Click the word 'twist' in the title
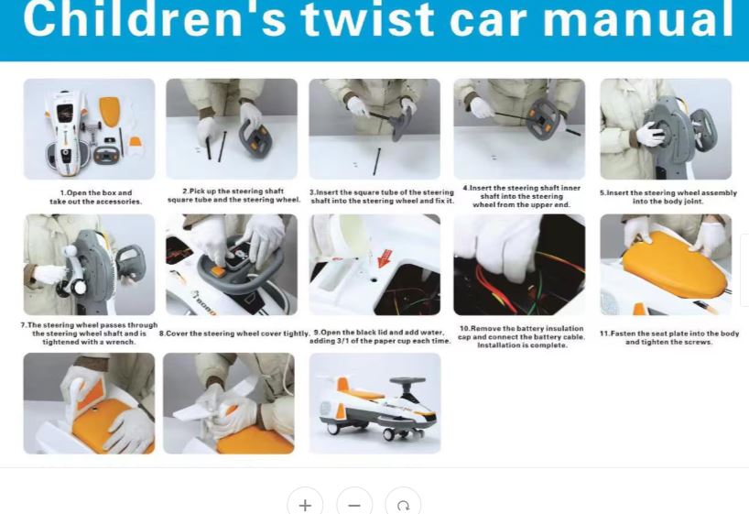(x=368, y=19)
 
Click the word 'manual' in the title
(x=638, y=19)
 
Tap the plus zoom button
(x=305, y=504)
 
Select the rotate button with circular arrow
(x=403, y=504)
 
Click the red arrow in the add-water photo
(x=385, y=258)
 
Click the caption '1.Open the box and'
(x=96, y=192)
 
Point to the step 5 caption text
(x=668, y=197)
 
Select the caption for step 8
(x=234, y=334)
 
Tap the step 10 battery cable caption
(x=522, y=336)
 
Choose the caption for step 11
(x=669, y=337)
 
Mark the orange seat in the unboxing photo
(x=109, y=111)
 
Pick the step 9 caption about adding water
(x=380, y=336)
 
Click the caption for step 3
(x=382, y=196)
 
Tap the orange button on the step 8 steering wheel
(x=217, y=271)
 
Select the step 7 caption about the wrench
(x=89, y=334)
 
